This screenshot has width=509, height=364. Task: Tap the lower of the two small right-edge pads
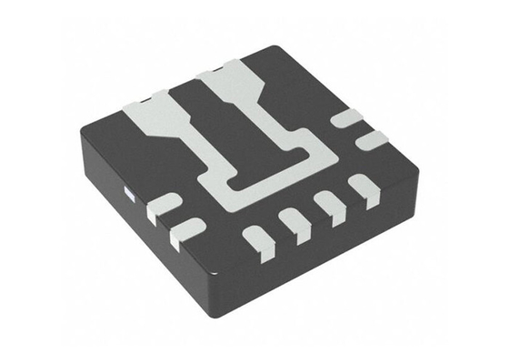(x=371, y=139)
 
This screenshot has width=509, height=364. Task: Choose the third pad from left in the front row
(x=324, y=208)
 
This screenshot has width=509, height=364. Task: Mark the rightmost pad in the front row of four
(x=355, y=195)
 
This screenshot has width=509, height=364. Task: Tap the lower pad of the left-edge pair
(x=186, y=230)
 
